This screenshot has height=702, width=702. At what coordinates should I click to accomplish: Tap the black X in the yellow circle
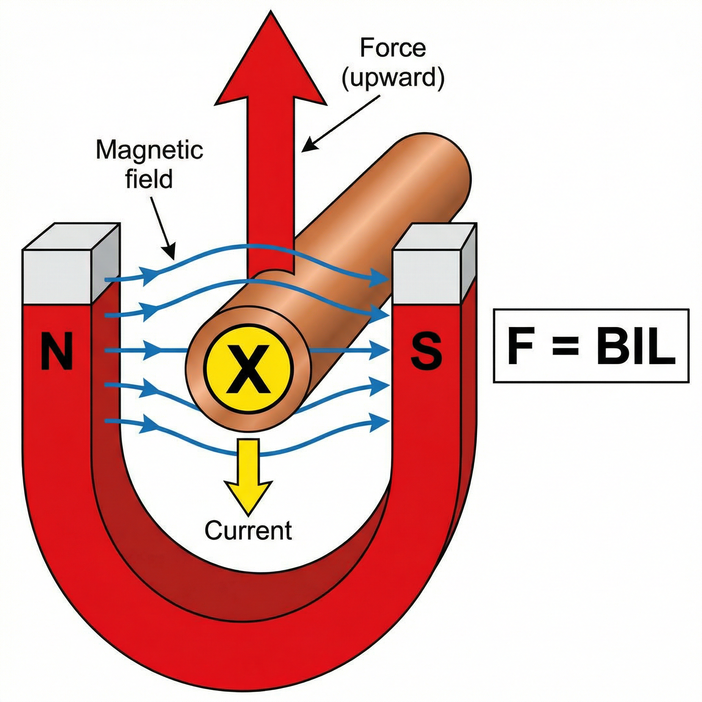point(249,374)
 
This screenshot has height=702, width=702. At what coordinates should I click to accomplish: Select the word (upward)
point(393,78)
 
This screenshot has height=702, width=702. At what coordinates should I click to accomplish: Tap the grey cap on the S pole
point(429,276)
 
